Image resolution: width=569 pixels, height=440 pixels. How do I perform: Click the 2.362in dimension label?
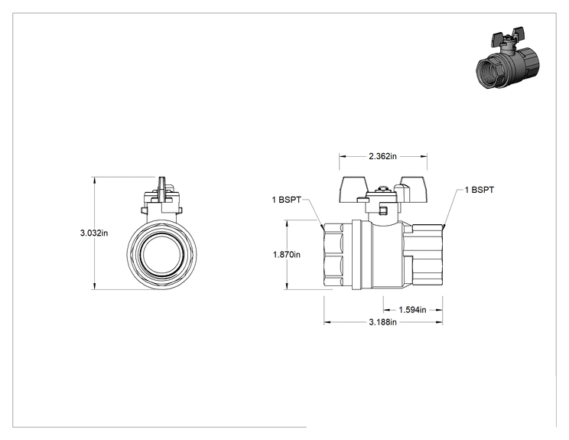click(382, 156)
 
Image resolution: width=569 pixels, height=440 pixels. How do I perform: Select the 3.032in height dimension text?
click(94, 233)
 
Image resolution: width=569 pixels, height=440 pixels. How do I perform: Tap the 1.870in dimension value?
click(287, 255)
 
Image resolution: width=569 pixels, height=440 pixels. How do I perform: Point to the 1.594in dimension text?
click(412, 310)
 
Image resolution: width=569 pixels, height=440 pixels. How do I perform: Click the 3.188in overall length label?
click(383, 322)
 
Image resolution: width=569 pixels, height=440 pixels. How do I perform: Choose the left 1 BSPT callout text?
click(287, 200)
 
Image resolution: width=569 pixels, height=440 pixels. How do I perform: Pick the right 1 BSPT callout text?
click(480, 191)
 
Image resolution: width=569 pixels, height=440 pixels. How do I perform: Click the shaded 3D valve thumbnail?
click(507, 57)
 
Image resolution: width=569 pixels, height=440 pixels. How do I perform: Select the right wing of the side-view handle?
click(412, 189)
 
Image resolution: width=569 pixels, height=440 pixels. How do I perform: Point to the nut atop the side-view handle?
click(382, 189)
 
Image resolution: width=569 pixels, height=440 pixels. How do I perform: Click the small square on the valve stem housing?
click(384, 210)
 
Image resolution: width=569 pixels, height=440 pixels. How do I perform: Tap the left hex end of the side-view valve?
click(333, 256)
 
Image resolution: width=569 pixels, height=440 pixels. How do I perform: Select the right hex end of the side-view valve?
click(427, 256)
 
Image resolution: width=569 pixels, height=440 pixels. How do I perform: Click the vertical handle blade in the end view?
click(162, 191)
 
